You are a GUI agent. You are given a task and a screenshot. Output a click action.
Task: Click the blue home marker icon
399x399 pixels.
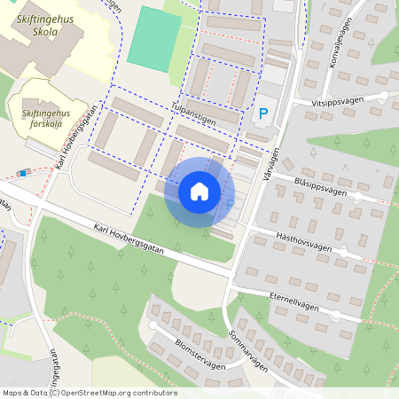tap(199, 191)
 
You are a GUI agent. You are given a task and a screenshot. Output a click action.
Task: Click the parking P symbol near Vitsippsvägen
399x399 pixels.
tap(262, 113)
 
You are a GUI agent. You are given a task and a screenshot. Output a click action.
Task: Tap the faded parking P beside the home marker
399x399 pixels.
tap(231, 205)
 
